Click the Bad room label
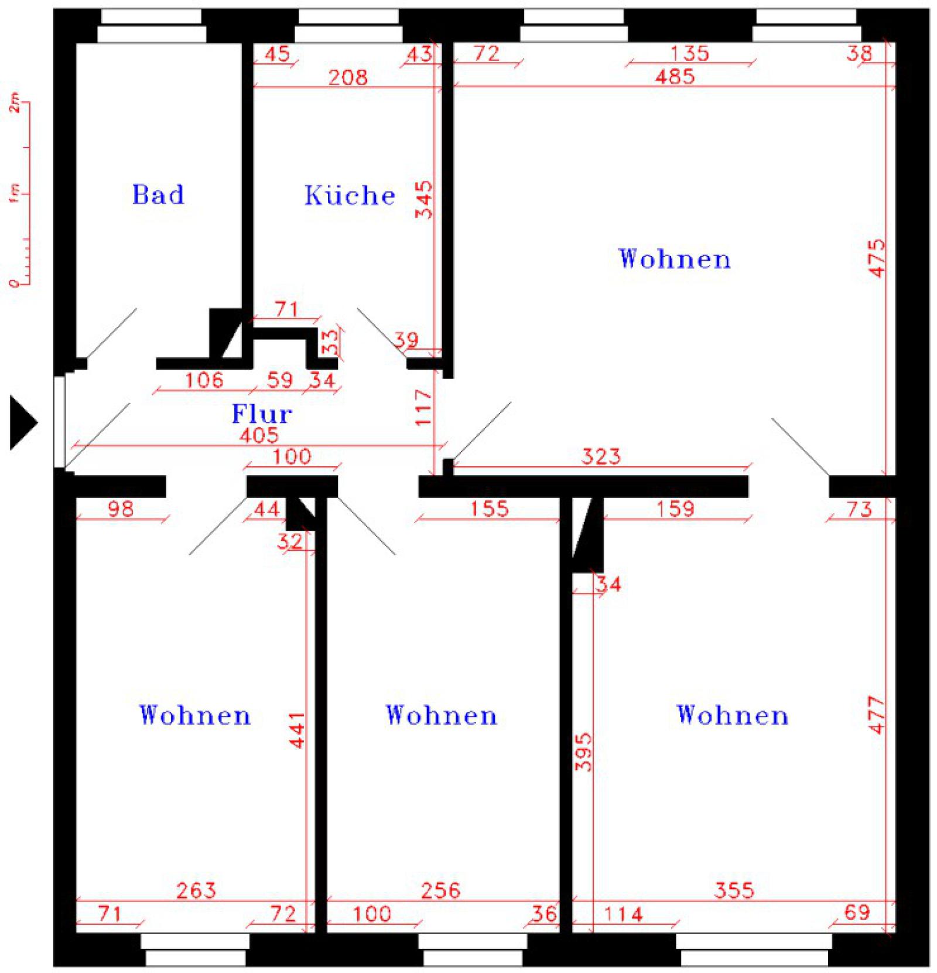(158, 194)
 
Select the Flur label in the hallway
(262, 414)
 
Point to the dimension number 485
(675, 76)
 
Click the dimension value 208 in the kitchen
(348, 77)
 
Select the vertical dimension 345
(423, 200)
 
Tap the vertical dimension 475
(877, 257)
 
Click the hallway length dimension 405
(259, 435)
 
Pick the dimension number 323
(601, 456)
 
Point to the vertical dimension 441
(297, 729)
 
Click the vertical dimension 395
(583, 752)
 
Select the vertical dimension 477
(877, 715)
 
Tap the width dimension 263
(196, 890)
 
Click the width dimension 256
(440, 890)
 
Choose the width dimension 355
(734, 890)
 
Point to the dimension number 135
(689, 53)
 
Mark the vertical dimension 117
(422, 407)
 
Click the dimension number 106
(204, 380)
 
